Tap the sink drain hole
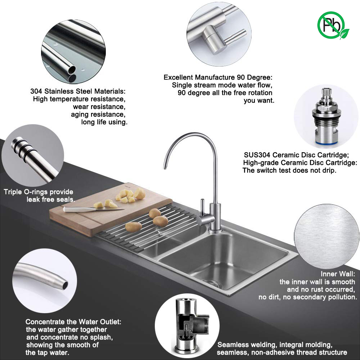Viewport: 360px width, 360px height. (x=213, y=284)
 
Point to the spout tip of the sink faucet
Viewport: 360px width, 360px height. (x=165, y=167)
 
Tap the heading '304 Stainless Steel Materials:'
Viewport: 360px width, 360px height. (x=78, y=91)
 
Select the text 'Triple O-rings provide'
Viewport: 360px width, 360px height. (x=39, y=192)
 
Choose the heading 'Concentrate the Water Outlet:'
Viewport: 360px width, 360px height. (x=73, y=321)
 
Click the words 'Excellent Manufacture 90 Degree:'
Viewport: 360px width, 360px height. (x=218, y=77)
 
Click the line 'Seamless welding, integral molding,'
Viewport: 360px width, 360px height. (x=275, y=345)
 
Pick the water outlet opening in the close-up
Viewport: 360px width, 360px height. (x=65, y=285)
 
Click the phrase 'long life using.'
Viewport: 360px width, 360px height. (x=104, y=122)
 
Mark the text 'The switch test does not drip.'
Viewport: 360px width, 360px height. (x=289, y=170)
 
